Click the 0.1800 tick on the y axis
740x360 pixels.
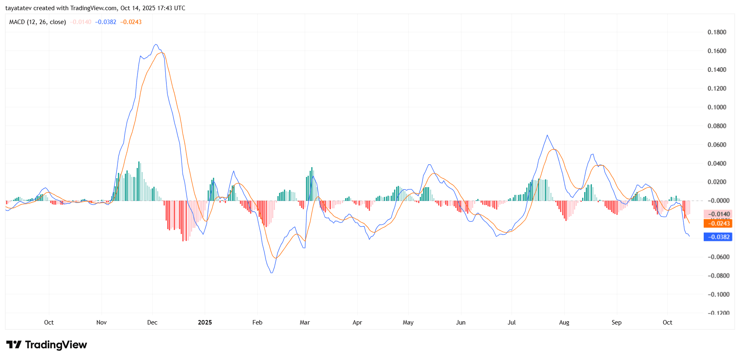coord(717,32)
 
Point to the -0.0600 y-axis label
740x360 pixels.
coord(718,257)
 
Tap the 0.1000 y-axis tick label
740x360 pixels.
coord(717,107)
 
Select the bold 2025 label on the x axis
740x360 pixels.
coord(205,322)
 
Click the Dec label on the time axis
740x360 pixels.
coord(152,322)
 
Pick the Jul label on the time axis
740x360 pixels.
coord(512,322)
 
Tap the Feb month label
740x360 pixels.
coord(257,322)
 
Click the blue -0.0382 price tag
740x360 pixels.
coord(718,237)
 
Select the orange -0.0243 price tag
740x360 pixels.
coord(718,223)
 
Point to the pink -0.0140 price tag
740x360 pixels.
coord(718,214)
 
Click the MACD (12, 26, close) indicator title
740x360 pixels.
coord(38,22)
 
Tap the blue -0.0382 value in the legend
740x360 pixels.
coord(106,22)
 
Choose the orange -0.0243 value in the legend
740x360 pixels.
coord(131,22)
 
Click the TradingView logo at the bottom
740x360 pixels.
coord(47,345)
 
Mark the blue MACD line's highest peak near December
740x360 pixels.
coord(156,44)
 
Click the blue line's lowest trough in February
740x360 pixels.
coord(272,273)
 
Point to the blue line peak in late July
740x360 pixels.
coord(547,135)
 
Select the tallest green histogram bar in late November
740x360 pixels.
coord(139,162)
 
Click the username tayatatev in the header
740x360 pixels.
coord(18,8)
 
